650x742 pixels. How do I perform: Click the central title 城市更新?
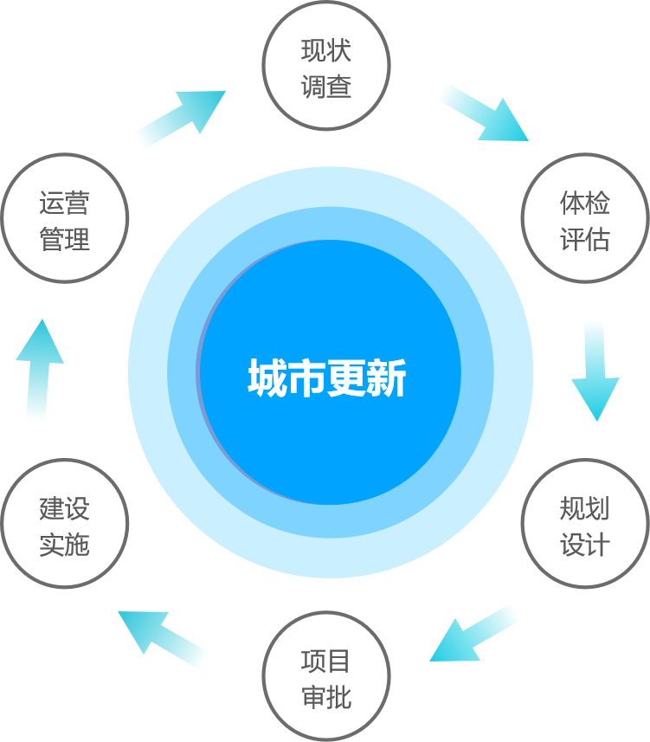pos(327,378)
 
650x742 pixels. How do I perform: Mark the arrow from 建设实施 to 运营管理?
pos(38,369)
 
